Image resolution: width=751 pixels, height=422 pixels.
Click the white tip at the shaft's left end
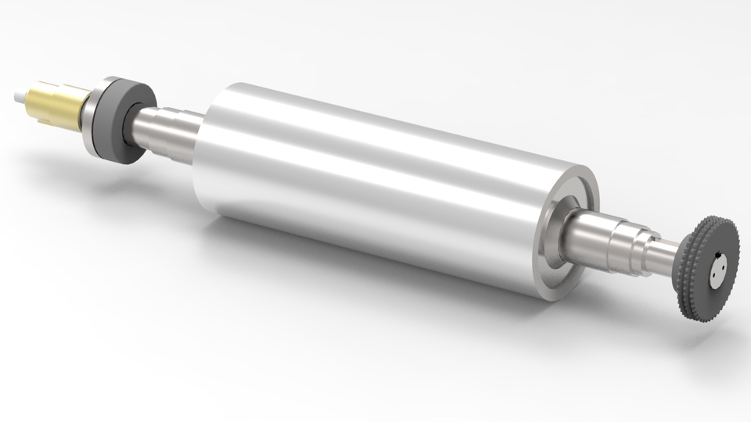[x=18, y=97]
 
